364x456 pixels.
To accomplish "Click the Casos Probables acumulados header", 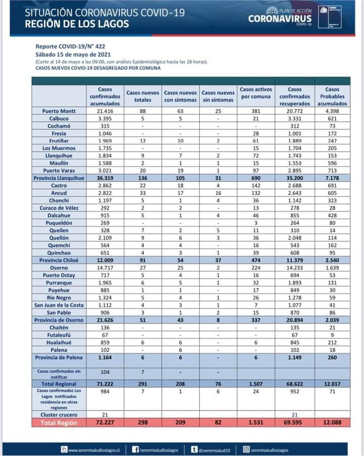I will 332,96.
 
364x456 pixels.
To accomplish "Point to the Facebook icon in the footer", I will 135,449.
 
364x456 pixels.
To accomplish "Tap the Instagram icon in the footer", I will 246,449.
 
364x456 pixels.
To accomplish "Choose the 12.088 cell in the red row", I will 332,423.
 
